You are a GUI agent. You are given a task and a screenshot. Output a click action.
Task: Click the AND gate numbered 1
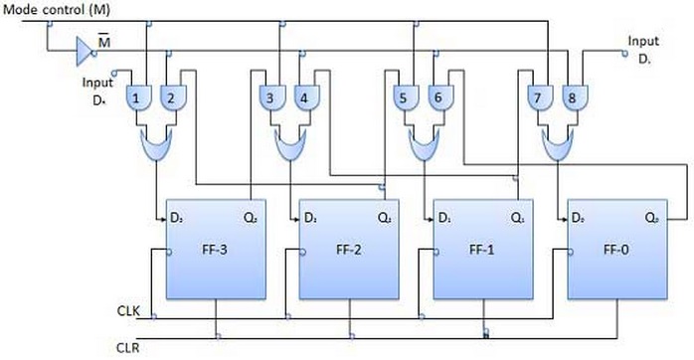tap(137, 97)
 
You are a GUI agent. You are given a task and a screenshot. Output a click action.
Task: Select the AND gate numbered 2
tap(170, 97)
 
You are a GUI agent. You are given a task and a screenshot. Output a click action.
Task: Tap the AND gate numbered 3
tap(270, 97)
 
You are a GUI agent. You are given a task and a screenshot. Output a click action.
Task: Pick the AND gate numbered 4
tap(303, 97)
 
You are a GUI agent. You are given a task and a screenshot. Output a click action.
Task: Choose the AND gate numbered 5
tap(403, 97)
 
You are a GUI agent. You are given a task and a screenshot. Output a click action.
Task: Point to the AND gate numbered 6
tap(435, 97)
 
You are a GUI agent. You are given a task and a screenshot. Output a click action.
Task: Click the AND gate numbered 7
tap(537, 97)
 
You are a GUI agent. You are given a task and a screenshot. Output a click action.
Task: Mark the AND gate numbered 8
tap(571, 97)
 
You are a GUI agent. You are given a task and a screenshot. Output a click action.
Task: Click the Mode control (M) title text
tap(57, 9)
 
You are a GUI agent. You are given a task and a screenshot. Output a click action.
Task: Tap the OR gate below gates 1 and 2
tap(154, 147)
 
